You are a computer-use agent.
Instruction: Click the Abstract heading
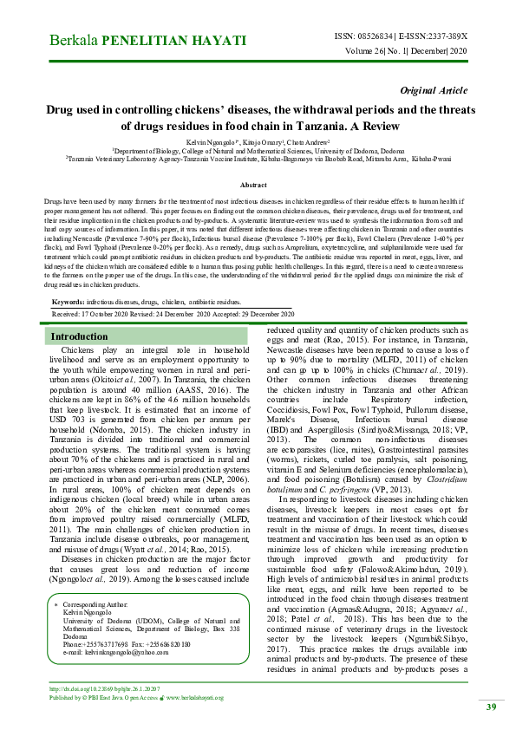[252, 186]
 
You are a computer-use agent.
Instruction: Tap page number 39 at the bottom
[490, 707]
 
